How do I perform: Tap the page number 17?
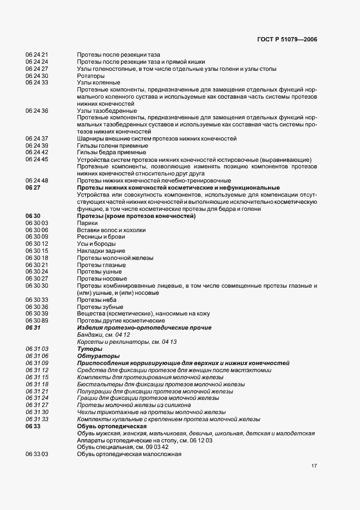[314, 466]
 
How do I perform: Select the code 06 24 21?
[37, 55]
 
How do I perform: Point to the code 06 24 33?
[37, 83]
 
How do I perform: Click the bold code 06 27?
[33, 187]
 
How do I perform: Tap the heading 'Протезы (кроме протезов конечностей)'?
[136, 216]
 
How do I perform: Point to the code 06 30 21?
[37, 265]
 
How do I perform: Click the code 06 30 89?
[37, 321]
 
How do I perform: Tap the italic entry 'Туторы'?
[89, 349]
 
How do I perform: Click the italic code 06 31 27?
[37, 405]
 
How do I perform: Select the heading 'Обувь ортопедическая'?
[112, 426]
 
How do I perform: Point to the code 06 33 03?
[37, 454]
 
